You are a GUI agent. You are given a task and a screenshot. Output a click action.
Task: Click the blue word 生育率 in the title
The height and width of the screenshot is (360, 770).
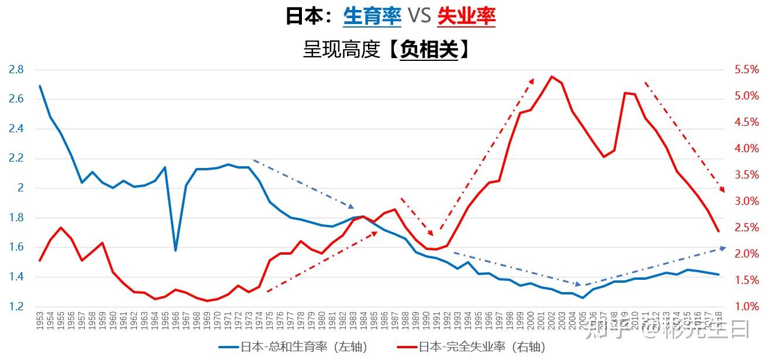click(372, 16)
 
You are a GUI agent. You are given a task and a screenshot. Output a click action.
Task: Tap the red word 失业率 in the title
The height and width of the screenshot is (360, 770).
click(466, 16)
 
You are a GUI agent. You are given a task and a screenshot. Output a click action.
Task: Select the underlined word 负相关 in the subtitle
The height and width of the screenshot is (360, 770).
click(429, 50)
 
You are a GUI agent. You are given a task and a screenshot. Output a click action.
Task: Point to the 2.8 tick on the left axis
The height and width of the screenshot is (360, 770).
click(16, 70)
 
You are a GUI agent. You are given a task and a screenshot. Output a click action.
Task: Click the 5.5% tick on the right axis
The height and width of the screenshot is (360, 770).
click(747, 70)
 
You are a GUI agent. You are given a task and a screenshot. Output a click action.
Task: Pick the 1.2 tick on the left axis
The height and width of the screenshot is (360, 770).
click(16, 306)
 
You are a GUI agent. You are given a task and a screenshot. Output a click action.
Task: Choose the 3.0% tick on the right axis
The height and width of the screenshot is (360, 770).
click(747, 201)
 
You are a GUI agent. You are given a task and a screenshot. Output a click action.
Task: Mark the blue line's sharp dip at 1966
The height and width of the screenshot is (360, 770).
click(175, 251)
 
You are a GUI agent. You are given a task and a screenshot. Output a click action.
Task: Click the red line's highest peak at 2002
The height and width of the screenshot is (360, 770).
click(551, 76)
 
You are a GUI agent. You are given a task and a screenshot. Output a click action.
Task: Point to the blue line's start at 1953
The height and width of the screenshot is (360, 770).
click(40, 86)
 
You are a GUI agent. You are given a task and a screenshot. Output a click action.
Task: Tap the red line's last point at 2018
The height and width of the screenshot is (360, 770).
click(718, 231)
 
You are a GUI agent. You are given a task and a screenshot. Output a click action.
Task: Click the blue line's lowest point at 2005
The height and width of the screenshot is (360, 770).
click(582, 298)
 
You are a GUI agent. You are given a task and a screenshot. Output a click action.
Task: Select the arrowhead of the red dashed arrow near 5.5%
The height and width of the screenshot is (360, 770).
click(532, 80)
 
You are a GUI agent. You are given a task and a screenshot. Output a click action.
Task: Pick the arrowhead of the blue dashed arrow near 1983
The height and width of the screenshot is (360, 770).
click(352, 207)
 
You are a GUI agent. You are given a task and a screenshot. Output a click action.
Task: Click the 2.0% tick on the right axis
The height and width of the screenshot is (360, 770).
click(747, 253)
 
